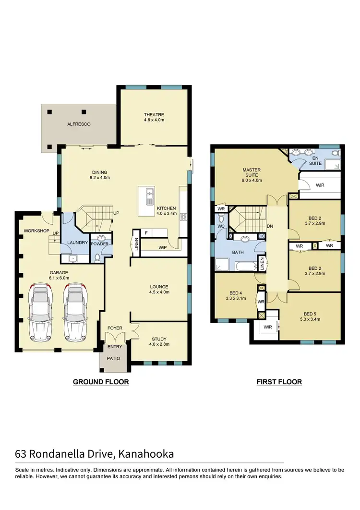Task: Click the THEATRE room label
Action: pos(154,115)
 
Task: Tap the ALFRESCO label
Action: pos(79,124)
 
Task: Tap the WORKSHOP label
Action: pos(37,231)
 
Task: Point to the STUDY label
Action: pos(159,339)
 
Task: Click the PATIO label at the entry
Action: pos(114,358)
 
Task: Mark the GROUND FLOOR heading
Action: pos(101,382)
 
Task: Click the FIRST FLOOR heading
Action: pos(279,382)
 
